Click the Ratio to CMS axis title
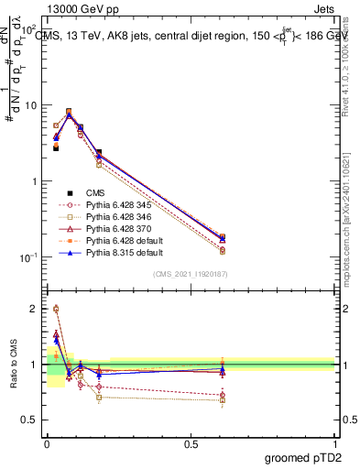click(12, 365)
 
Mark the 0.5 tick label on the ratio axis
click(29, 420)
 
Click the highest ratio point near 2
click(55, 309)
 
